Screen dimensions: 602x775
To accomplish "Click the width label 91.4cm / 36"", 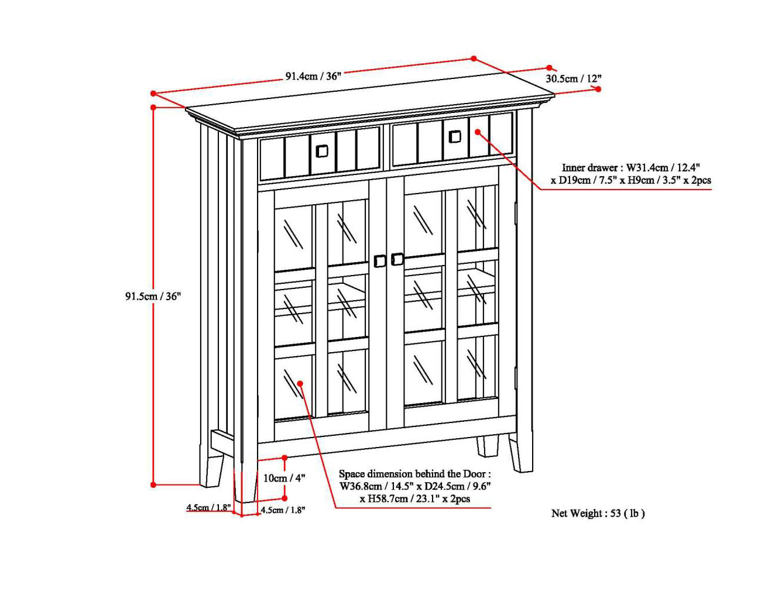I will [x=313, y=76].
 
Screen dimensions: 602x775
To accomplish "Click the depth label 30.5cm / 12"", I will [x=573, y=78].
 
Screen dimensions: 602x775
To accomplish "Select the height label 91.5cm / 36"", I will [x=153, y=296].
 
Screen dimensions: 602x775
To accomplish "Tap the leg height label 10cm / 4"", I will [x=284, y=478].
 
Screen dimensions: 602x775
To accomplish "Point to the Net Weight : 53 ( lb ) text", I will [x=598, y=513].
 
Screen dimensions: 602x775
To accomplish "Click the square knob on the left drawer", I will [x=322, y=151].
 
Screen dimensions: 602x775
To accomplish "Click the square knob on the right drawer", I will [x=454, y=137].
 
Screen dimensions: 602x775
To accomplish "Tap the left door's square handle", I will [x=380, y=261].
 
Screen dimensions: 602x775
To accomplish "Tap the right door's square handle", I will [x=397, y=259].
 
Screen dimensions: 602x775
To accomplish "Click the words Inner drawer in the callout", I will [x=589, y=168].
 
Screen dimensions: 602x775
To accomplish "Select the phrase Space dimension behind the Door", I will [x=414, y=474].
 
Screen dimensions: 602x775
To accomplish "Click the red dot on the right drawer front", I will [x=478, y=132].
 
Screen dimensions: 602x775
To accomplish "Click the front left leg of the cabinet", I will [x=246, y=486].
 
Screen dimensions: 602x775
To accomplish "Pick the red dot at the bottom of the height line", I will [x=153, y=484].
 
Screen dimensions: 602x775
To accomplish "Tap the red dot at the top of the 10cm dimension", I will [x=284, y=457].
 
